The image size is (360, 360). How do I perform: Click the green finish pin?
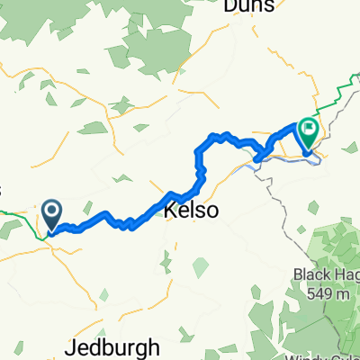(308, 135)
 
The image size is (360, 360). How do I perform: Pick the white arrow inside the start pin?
(51, 211)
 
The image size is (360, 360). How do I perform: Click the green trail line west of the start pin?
(18, 214)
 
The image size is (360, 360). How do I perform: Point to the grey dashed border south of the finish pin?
(270, 180)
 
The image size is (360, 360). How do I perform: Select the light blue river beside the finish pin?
(288, 159)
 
